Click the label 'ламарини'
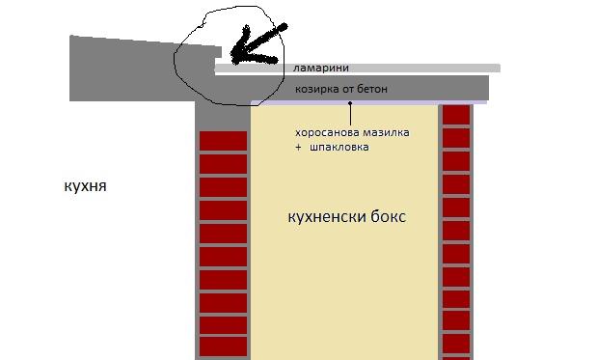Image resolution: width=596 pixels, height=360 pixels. coord(322,68)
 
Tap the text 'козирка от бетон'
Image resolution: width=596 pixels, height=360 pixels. coord(341,89)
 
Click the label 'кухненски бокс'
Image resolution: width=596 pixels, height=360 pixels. coord(346,217)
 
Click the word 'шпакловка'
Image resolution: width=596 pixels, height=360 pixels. coord(339,148)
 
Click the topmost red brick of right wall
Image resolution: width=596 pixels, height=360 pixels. coord(455,114)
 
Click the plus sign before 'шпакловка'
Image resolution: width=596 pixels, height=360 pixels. coord(300,148)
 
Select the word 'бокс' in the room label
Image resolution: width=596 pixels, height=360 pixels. coord(389,217)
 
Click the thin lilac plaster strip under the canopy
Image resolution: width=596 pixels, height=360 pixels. coord(366,101)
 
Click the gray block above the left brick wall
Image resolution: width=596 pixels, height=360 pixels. coord(222,114)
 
